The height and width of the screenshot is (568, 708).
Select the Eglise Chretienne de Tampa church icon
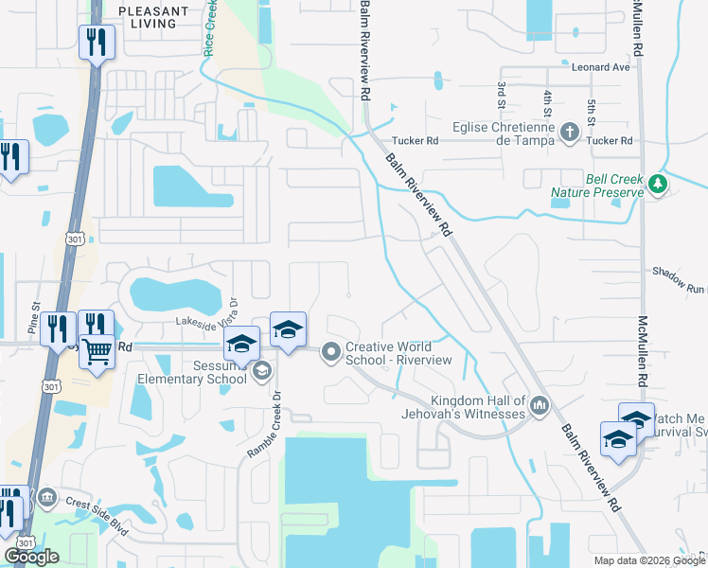(x=570, y=133)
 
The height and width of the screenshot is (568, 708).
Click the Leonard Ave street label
(x=600, y=68)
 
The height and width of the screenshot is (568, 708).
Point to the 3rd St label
(x=501, y=95)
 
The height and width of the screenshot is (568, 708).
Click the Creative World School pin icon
(x=331, y=352)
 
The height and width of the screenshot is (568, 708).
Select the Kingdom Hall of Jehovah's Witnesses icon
(x=540, y=406)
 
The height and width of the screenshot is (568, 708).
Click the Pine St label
(x=33, y=319)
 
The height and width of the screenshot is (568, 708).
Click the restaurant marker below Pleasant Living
(x=97, y=44)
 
